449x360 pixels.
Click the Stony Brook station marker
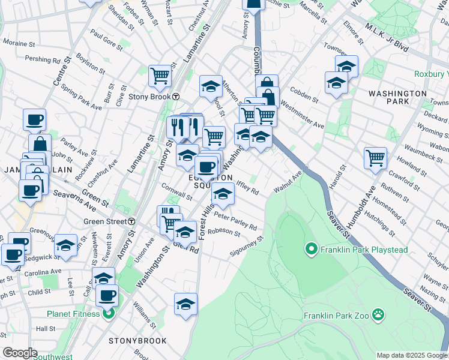click(x=176, y=97)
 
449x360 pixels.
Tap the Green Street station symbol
click(x=131, y=221)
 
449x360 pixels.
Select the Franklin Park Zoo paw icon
click(x=378, y=314)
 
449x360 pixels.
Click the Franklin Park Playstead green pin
click(x=311, y=248)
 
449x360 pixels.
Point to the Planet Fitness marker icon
click(x=109, y=313)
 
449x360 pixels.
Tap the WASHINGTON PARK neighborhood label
click(x=397, y=98)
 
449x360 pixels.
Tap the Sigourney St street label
click(x=247, y=247)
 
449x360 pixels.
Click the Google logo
click(x=20, y=353)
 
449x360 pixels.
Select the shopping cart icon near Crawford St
click(x=375, y=158)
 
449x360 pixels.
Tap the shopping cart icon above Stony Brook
click(x=160, y=75)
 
